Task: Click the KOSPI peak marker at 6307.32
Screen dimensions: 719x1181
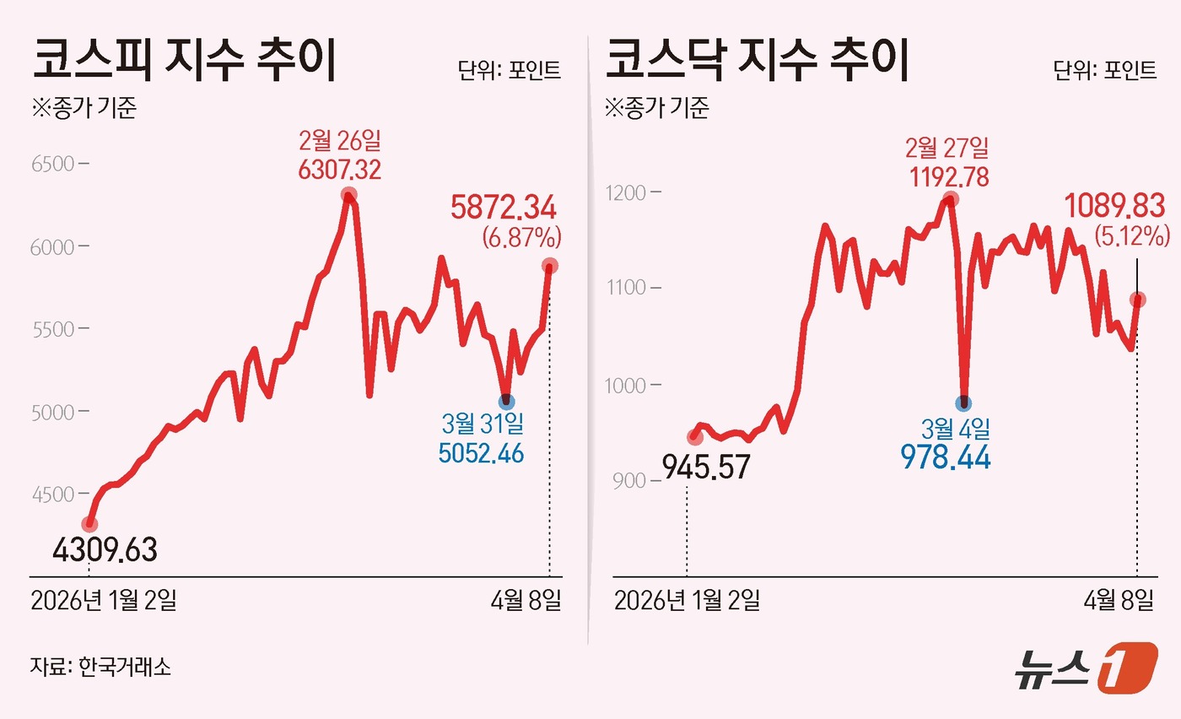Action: coord(348,196)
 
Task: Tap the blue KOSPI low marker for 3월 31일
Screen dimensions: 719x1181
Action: coord(506,402)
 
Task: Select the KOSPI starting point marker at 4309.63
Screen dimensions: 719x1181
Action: coord(89,524)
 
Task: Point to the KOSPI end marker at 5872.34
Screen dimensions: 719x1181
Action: coord(549,266)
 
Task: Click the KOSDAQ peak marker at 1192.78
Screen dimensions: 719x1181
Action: coord(951,199)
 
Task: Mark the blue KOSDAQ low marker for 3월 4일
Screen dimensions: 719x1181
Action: coord(964,403)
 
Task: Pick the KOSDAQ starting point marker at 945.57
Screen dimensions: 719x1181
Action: coord(694,437)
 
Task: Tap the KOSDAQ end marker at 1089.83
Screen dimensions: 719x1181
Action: coord(1137,300)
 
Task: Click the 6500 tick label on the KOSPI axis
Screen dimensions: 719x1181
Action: coord(52,164)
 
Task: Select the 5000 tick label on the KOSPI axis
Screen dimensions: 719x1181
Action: coord(52,412)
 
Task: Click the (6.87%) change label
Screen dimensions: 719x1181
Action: coord(521,238)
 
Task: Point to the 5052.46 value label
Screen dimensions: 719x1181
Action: coord(481,453)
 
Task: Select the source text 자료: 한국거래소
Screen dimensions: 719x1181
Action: coord(100,667)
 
